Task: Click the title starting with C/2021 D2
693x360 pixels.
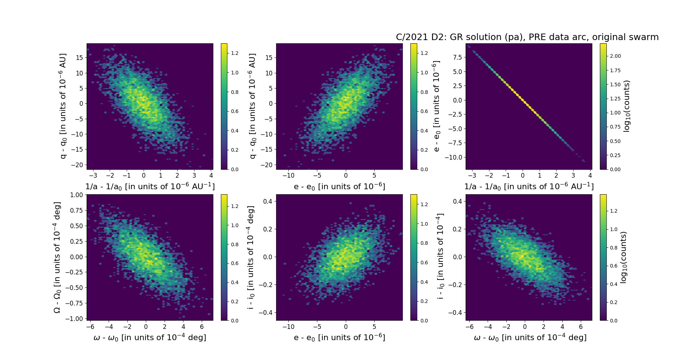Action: click(x=527, y=37)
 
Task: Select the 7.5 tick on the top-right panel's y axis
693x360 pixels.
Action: click(x=457, y=57)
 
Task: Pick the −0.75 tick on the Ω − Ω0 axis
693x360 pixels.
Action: click(x=75, y=303)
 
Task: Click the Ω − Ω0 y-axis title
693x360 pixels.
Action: click(x=57, y=257)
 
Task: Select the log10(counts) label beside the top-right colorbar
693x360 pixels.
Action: click(x=627, y=106)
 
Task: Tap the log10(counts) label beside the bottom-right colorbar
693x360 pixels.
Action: click(x=623, y=257)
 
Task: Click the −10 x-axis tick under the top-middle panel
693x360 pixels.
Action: click(x=288, y=176)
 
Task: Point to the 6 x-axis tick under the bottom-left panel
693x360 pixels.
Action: click(x=202, y=327)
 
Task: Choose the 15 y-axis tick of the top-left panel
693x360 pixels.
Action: click(x=79, y=58)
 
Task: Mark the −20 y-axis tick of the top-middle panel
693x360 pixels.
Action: click(x=266, y=165)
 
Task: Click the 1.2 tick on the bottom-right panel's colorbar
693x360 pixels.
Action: click(x=614, y=211)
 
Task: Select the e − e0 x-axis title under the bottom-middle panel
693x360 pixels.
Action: click(x=339, y=337)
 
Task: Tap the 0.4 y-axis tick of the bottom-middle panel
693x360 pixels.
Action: click(x=267, y=201)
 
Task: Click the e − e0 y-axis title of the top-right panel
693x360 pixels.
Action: click(x=436, y=106)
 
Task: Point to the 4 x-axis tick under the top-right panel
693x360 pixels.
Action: click(x=590, y=176)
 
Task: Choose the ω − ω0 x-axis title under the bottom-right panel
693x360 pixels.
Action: click(x=530, y=337)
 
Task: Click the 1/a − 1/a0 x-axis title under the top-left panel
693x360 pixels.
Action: click(x=150, y=186)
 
